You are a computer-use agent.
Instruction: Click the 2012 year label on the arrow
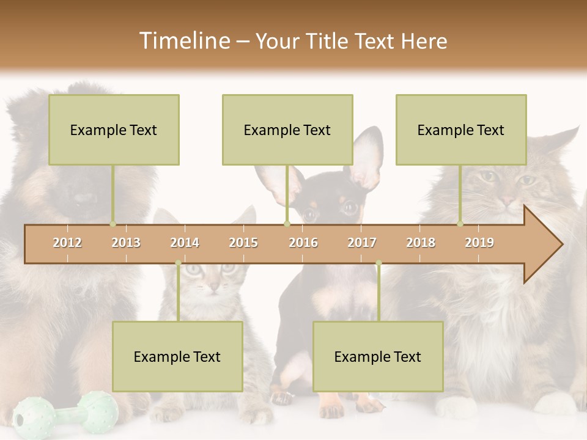(67, 243)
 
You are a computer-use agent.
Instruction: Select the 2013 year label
(126, 243)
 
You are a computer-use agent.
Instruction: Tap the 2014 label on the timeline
(185, 243)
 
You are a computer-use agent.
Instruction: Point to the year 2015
(243, 243)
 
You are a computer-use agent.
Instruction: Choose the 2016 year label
(303, 243)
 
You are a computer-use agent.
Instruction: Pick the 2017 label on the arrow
(362, 243)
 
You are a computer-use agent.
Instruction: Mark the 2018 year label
(421, 243)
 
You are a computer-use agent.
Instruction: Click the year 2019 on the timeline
(479, 243)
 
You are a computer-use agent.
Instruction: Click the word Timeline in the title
(183, 41)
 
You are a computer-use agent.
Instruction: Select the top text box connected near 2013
(114, 130)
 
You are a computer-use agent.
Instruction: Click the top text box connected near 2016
(287, 130)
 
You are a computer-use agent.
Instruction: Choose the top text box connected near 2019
(461, 130)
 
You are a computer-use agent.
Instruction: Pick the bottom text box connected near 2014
(177, 356)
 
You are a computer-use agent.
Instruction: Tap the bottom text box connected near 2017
(378, 356)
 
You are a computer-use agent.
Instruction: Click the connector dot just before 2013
(113, 224)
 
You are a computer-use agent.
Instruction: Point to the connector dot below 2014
(178, 263)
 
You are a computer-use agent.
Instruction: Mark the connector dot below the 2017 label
(378, 263)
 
